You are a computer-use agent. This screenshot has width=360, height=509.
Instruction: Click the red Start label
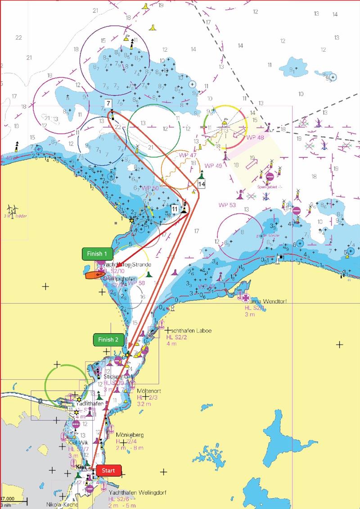coord(108,471)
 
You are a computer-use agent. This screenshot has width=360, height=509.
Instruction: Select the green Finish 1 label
coord(97,254)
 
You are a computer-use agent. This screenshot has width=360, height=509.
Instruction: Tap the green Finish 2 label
coord(108,340)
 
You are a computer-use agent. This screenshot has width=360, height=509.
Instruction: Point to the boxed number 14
coord(201,184)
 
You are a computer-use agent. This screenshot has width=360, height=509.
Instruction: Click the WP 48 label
coord(255,137)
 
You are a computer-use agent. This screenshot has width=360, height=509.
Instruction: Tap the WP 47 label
coord(188,155)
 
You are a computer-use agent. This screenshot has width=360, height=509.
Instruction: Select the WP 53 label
coord(227,205)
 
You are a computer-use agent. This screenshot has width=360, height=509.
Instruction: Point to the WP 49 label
coord(213,166)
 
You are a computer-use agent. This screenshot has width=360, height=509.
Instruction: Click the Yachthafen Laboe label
coord(182,330)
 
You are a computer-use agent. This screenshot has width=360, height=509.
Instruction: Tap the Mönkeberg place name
coord(130,435)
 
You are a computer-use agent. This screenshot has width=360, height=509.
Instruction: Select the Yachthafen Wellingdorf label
coord(137,493)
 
